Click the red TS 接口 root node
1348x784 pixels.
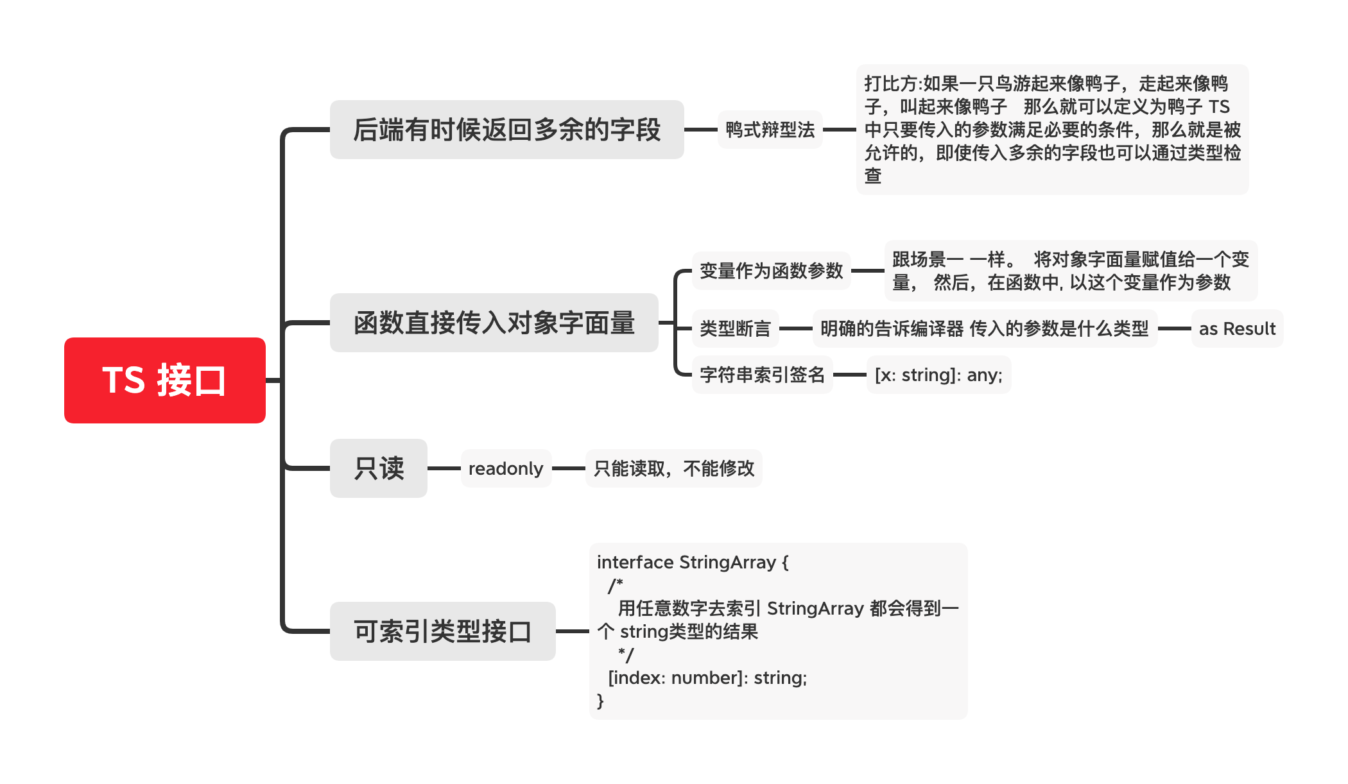click(x=165, y=380)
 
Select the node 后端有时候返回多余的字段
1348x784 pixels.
click(x=506, y=130)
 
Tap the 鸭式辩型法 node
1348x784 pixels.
click(x=770, y=130)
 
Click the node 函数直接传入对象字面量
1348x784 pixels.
click(x=494, y=323)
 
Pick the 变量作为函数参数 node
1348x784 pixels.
click(x=771, y=271)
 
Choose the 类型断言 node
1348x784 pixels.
click(x=735, y=328)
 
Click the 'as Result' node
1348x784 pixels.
click(x=1237, y=328)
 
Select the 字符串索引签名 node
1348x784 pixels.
click(x=762, y=375)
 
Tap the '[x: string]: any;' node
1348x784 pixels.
click(x=938, y=375)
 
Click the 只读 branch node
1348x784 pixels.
click(x=379, y=468)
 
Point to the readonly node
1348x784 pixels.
click(x=506, y=468)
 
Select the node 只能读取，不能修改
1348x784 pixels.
click(x=674, y=468)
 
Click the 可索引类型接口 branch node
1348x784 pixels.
click(x=443, y=631)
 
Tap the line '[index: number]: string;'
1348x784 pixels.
click(x=707, y=677)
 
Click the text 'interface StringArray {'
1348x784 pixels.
click(x=693, y=562)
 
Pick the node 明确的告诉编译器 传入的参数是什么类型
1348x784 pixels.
click(x=985, y=328)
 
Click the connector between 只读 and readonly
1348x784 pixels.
click(x=444, y=468)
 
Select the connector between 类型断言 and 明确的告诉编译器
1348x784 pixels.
click(x=796, y=328)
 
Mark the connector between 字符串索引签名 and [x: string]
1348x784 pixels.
click(x=850, y=375)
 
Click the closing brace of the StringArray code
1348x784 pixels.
click(x=600, y=701)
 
